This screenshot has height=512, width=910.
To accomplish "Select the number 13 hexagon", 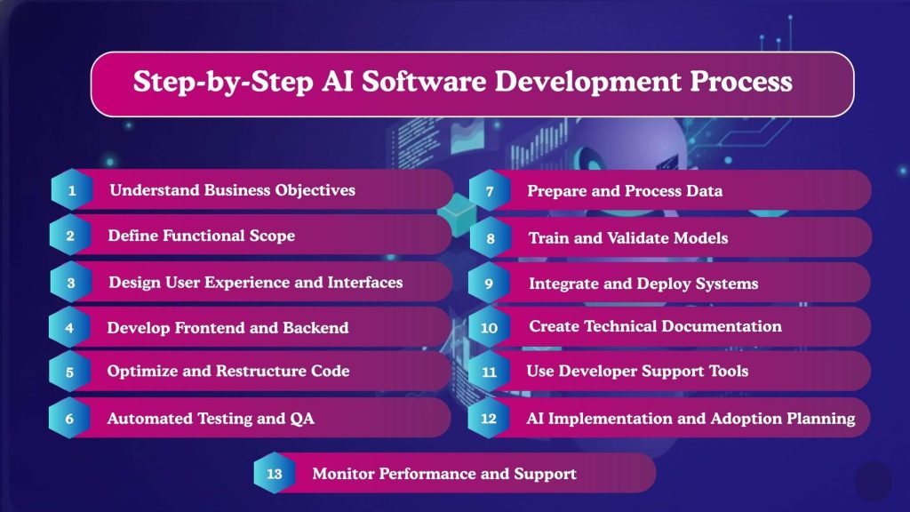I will [275, 474].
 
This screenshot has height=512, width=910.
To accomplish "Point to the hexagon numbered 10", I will [489, 328].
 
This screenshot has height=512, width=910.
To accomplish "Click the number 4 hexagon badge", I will [70, 328].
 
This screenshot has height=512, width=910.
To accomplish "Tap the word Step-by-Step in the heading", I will [210, 83].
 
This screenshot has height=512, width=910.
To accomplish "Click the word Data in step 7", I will [703, 191].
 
